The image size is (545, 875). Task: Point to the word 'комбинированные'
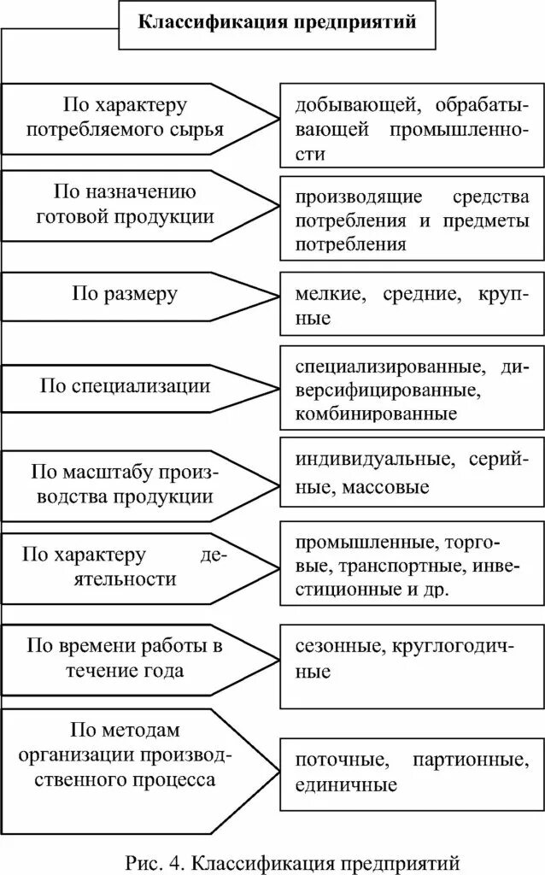pyautogui.click(x=376, y=414)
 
